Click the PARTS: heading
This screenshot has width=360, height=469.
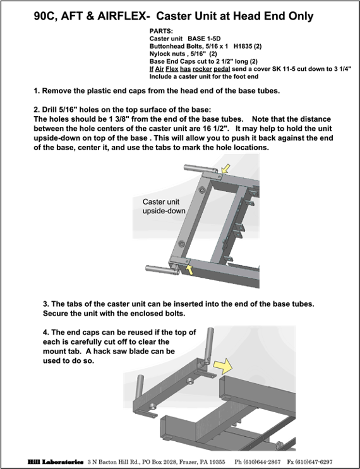pos(161,31)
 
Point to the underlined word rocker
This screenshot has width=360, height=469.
pos(202,69)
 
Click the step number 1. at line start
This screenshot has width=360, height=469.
pos(37,91)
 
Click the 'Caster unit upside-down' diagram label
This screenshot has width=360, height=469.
pos(164,206)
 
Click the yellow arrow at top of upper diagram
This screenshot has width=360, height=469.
pos(225,169)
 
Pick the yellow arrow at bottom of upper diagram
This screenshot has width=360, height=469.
pos(189,270)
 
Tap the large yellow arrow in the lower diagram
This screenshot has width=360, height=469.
pos(223,366)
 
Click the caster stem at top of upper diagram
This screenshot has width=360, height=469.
pos(200,169)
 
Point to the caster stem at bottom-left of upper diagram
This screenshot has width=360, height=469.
pos(162,269)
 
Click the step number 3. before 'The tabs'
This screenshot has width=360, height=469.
pos(46,304)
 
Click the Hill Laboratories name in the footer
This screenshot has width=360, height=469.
pos(56,462)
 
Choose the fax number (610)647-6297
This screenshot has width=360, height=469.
pos(314,462)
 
